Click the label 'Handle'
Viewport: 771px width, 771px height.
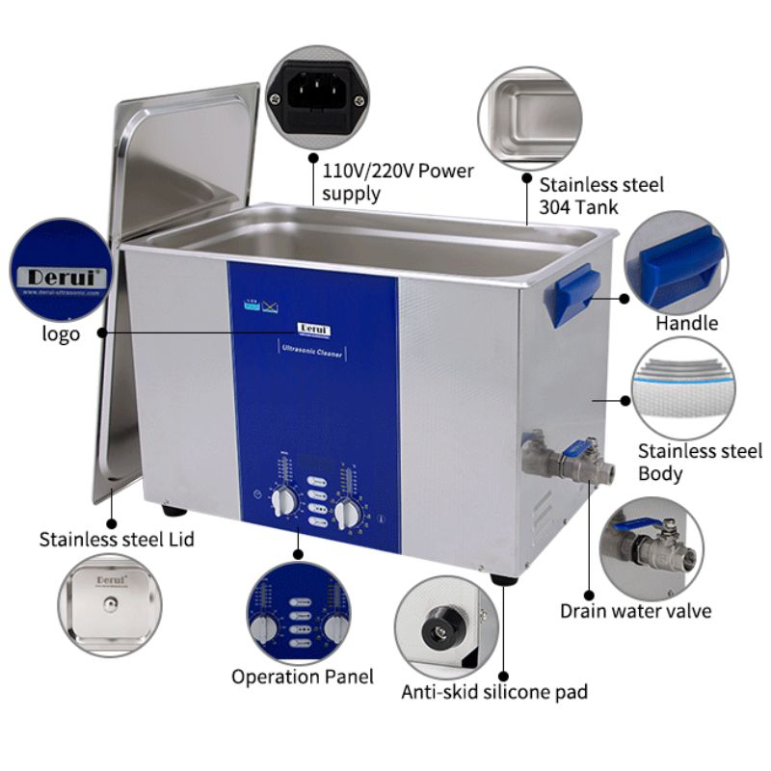tap(686, 323)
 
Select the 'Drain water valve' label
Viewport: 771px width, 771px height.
tap(636, 611)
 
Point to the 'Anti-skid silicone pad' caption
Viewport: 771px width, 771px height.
tap(494, 691)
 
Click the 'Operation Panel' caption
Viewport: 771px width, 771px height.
tap(302, 677)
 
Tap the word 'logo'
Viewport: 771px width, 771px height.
tap(61, 333)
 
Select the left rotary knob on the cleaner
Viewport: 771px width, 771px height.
tap(285, 502)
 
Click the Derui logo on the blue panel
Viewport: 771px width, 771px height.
tap(312, 328)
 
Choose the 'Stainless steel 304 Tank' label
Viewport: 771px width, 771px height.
tap(588, 195)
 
